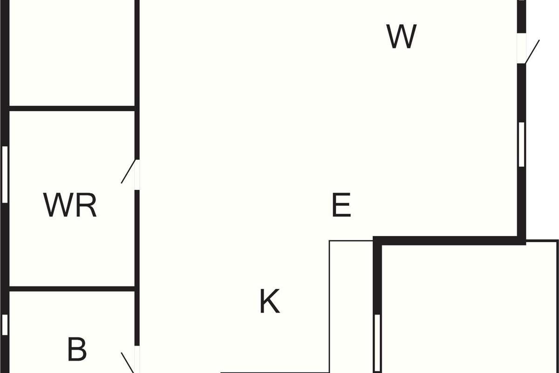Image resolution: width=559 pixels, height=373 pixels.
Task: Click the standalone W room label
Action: click(x=402, y=36)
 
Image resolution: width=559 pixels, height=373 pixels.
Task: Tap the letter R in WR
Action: click(x=86, y=205)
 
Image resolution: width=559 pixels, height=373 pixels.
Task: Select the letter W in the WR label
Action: click(x=59, y=205)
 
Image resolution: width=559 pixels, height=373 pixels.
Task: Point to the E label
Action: click(x=341, y=205)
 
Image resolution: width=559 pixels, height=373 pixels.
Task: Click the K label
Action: click(x=270, y=301)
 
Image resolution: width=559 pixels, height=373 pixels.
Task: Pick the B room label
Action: click(x=77, y=349)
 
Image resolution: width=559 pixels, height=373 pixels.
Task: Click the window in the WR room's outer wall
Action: click(x=5, y=174)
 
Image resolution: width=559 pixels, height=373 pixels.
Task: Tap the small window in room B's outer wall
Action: click(x=5, y=325)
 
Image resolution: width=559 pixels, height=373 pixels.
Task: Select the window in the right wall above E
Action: click(x=522, y=145)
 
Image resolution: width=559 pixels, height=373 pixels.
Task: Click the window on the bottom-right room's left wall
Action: click(x=377, y=343)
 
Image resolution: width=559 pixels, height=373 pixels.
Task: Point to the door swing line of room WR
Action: click(x=129, y=172)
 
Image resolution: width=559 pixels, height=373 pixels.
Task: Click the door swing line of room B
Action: click(x=128, y=362)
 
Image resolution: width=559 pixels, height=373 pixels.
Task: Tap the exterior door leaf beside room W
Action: click(x=532, y=52)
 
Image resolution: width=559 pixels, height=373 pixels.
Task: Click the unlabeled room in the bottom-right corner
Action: click(x=469, y=309)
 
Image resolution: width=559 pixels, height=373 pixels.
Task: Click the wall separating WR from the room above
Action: click(x=72, y=109)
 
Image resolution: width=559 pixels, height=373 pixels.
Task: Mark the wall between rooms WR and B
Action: click(x=72, y=289)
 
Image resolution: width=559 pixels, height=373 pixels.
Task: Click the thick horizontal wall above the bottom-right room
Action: click(x=450, y=241)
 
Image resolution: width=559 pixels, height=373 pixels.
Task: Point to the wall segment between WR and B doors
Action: click(x=137, y=268)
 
